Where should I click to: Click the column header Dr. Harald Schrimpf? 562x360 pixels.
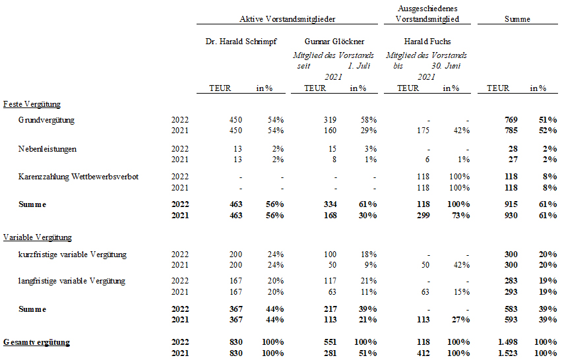click(x=241, y=42)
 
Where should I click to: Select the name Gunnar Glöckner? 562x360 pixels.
click(x=334, y=42)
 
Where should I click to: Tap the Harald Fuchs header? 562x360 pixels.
click(x=427, y=42)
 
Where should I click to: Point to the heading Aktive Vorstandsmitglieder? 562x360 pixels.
click(x=287, y=19)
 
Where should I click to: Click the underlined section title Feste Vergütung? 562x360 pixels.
click(x=32, y=104)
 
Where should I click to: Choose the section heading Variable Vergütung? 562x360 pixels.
click(x=38, y=237)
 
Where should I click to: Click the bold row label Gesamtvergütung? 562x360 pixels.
click(x=36, y=342)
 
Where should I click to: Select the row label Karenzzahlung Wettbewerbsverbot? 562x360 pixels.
click(x=78, y=177)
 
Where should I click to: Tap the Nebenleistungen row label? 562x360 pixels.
click(x=47, y=149)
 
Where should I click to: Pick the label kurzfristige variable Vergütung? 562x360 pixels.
click(x=73, y=255)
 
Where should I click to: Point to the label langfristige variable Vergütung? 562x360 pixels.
click(x=72, y=281)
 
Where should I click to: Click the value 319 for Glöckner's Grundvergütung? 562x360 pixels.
click(x=330, y=120)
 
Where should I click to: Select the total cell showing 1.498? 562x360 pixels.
click(x=508, y=342)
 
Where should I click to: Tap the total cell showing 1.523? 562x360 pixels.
click(x=508, y=353)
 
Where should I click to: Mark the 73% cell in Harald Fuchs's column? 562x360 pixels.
click(x=460, y=216)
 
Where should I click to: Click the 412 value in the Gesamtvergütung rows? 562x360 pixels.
click(x=423, y=353)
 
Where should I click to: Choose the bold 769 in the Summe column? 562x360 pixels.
click(x=511, y=120)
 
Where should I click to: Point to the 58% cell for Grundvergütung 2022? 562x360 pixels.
click(x=369, y=120)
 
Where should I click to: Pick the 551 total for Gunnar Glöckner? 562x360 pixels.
click(x=330, y=342)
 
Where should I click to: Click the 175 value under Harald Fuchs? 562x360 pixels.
click(x=423, y=131)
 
